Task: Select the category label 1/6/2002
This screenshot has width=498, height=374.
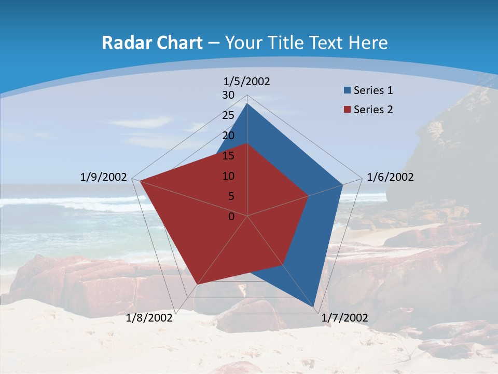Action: tap(390, 177)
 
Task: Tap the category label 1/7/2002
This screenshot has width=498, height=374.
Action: tap(344, 318)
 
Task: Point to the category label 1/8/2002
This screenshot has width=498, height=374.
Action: tap(149, 318)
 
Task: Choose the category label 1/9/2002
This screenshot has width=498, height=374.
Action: tap(104, 177)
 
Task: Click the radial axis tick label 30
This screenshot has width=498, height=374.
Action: tap(228, 95)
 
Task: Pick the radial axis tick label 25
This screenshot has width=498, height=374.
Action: tap(228, 115)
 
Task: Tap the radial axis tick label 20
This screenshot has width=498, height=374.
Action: tap(228, 136)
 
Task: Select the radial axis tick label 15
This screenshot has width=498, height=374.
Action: tap(228, 156)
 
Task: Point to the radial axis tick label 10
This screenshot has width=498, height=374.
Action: tap(228, 176)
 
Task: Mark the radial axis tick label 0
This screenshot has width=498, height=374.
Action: tap(231, 217)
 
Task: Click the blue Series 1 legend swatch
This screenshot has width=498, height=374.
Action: tap(347, 91)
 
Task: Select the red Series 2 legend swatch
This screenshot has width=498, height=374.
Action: tap(347, 110)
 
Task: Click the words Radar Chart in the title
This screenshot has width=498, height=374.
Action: tap(152, 43)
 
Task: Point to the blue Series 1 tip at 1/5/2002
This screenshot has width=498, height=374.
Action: tap(247, 103)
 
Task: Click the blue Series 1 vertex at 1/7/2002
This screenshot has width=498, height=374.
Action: tap(314, 307)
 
